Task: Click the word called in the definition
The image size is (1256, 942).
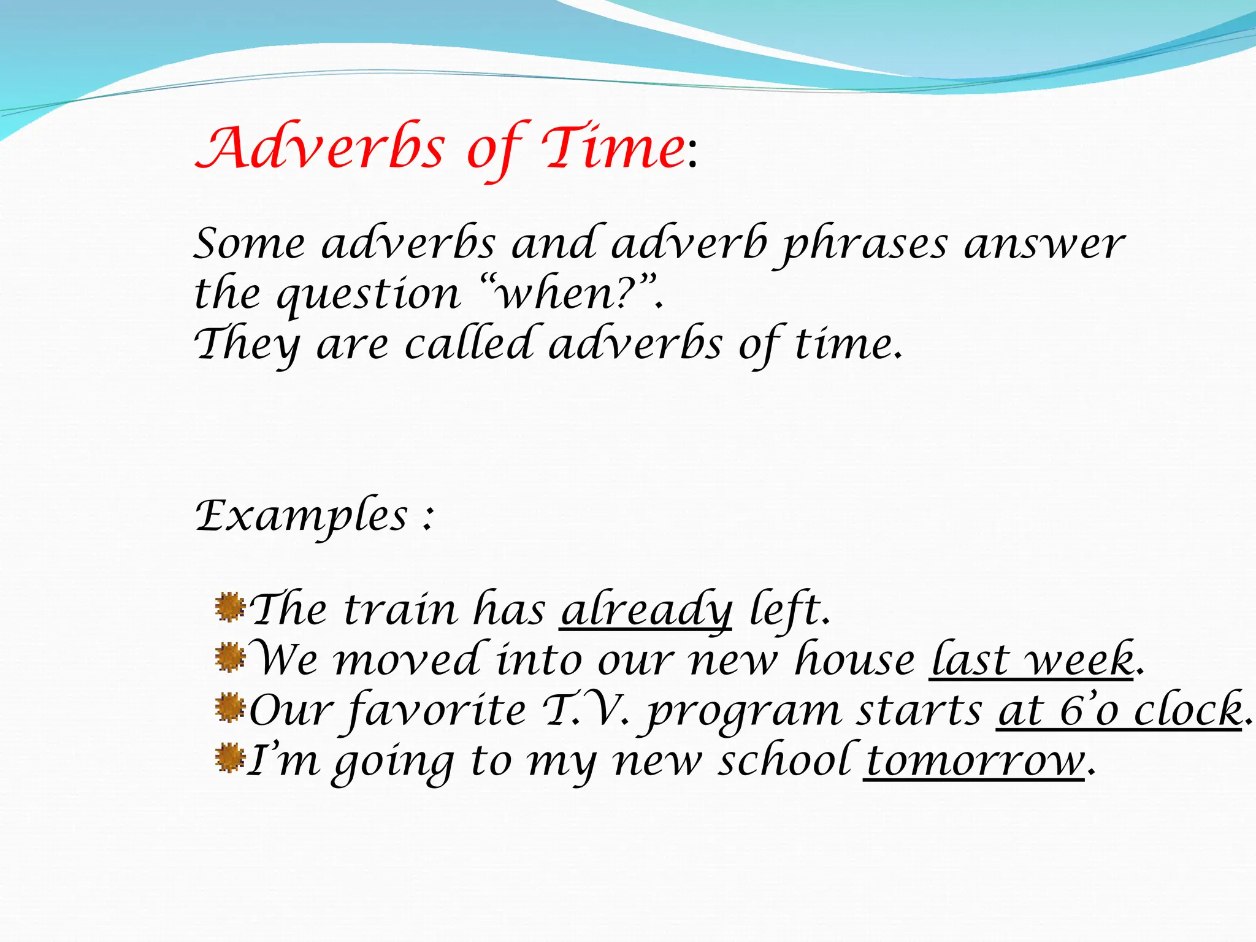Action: (469, 344)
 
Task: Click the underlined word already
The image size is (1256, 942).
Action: (646, 611)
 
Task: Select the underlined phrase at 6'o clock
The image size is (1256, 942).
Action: (1120, 711)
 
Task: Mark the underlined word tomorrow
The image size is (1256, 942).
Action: (975, 762)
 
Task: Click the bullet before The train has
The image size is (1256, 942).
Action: (230, 607)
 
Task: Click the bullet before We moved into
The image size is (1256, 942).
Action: (230, 657)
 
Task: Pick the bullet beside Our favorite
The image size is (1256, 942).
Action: (230, 708)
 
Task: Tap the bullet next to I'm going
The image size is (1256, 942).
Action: (230, 758)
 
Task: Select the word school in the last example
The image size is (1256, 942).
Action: (785, 762)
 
